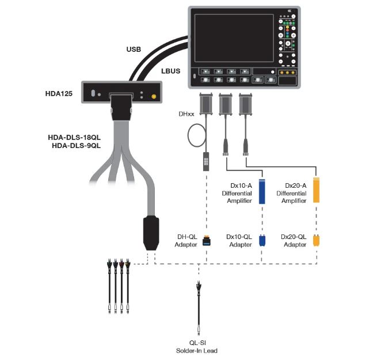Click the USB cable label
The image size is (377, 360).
click(x=134, y=50)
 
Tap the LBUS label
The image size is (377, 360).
click(x=171, y=71)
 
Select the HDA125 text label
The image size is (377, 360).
click(x=59, y=94)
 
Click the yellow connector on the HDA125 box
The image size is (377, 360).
click(x=154, y=97)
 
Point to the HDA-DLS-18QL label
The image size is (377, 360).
click(x=74, y=138)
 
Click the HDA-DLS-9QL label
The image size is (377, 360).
click(x=76, y=146)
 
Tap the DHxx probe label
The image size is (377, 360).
click(x=186, y=114)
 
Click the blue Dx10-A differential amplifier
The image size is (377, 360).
click(x=262, y=192)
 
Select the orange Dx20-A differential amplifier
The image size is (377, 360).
click(x=316, y=190)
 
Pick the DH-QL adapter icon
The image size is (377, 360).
click(x=207, y=241)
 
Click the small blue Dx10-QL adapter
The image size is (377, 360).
click(x=262, y=241)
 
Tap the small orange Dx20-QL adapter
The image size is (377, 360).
click(x=316, y=241)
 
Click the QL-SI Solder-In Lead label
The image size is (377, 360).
click(x=197, y=347)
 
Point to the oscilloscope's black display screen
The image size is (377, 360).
click(x=234, y=38)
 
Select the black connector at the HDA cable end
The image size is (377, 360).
click(x=151, y=233)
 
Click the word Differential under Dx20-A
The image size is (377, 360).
click(x=291, y=193)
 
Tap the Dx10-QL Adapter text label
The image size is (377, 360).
click(x=239, y=241)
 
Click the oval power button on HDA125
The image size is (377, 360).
click(x=93, y=93)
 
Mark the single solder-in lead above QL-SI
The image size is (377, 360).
click(x=199, y=308)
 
